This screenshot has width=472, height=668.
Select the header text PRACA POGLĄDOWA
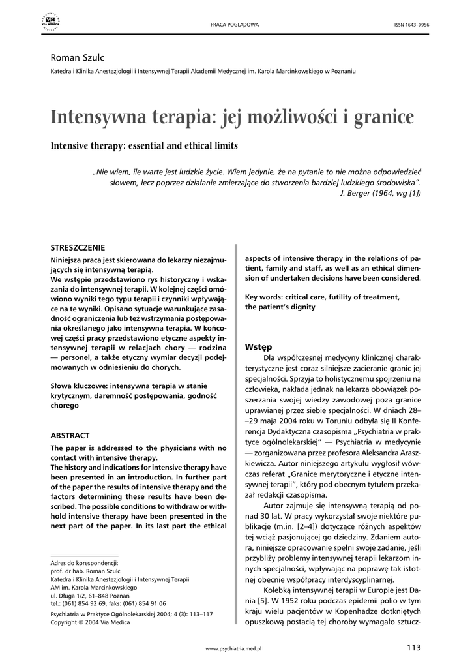pyautogui.click(x=235, y=25)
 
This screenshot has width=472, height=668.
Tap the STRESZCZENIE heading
pyautogui.click(x=78, y=247)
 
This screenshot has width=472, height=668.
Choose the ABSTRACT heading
pyautogui.click(x=70, y=435)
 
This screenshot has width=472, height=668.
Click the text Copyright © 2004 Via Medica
pyautogui.click(x=90, y=622)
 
